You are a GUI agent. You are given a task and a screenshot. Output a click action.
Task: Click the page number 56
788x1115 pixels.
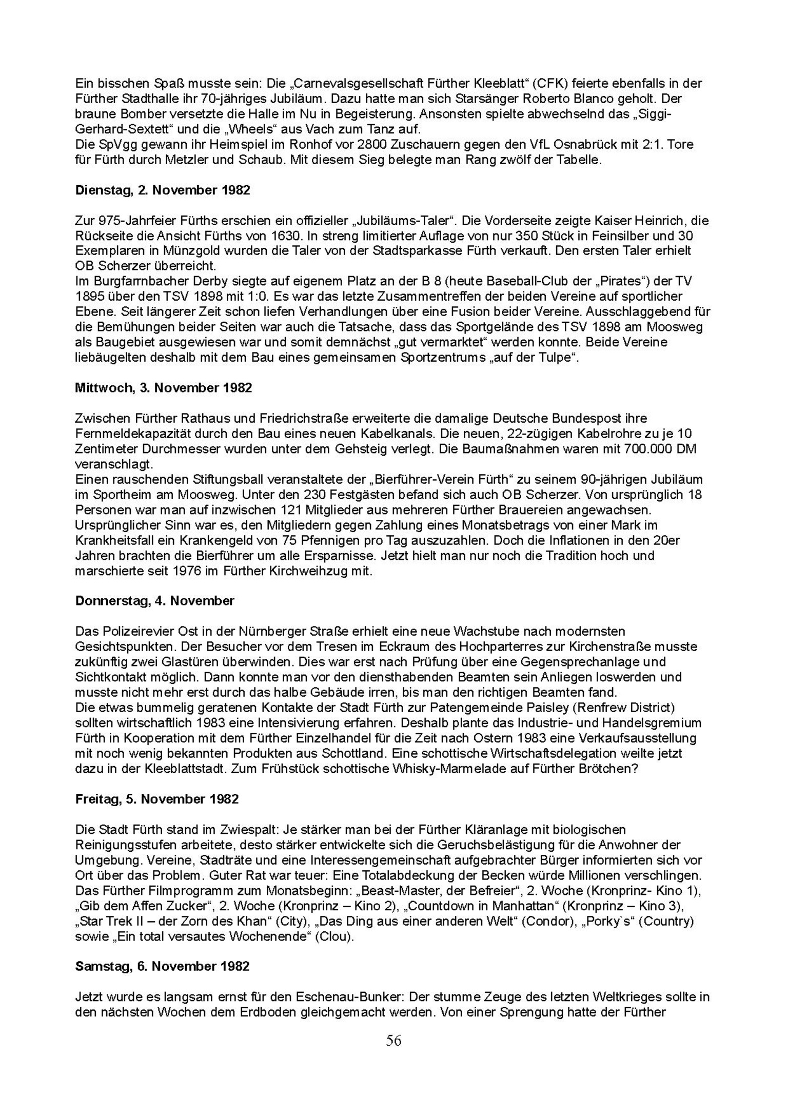[x=393, y=1040]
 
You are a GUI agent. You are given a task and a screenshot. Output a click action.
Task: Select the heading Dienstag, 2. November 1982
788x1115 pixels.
[x=163, y=190]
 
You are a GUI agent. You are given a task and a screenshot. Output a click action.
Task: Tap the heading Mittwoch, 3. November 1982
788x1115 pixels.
[x=164, y=387]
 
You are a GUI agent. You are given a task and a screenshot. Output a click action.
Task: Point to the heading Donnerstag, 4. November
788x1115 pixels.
[x=154, y=600]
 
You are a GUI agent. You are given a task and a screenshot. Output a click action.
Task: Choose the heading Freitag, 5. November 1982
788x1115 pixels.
[x=157, y=798]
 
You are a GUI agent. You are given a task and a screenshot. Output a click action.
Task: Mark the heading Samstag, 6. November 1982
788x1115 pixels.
[x=162, y=966]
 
